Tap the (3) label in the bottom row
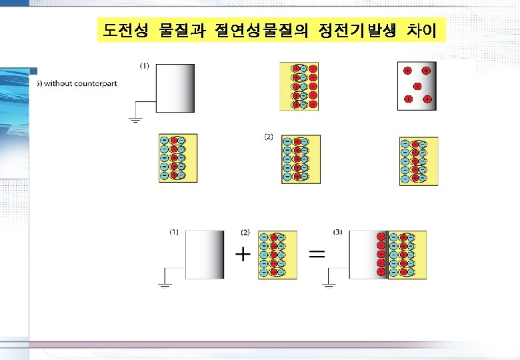[337, 232]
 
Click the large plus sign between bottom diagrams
[244, 254]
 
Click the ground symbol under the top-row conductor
[135, 121]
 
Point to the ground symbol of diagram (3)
[327, 286]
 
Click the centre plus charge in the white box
[417, 85]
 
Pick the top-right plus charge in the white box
[426, 70]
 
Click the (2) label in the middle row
[269, 137]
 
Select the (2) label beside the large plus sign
[245, 232]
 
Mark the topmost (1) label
[144, 65]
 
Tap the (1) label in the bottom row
[173, 232]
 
